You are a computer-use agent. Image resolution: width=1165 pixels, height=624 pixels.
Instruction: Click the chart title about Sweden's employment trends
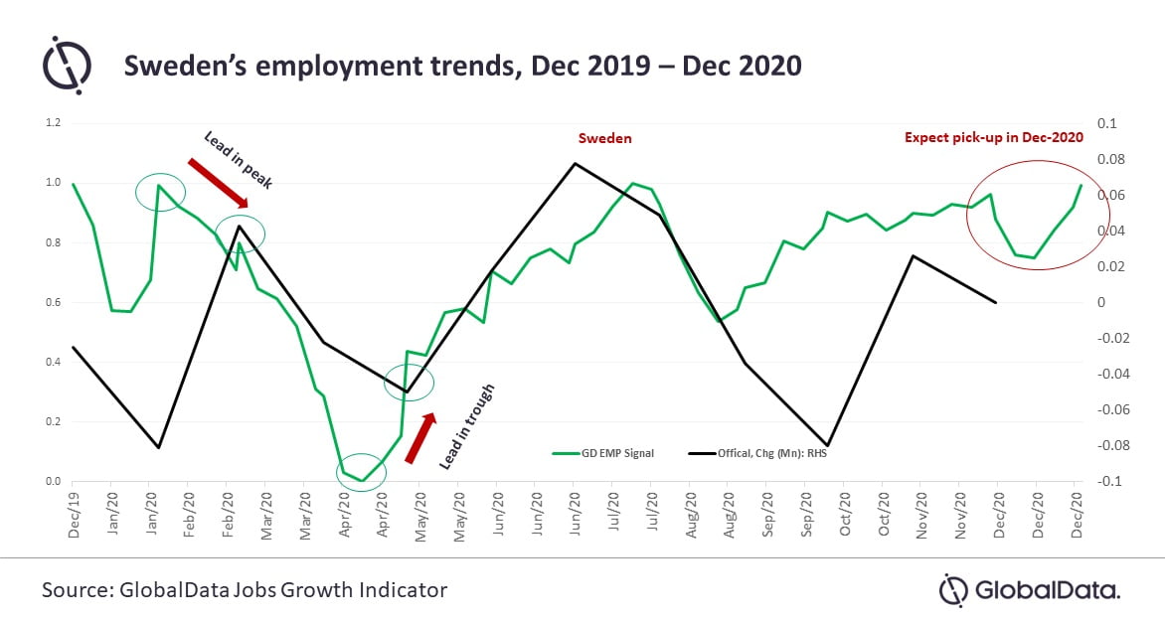click(x=462, y=67)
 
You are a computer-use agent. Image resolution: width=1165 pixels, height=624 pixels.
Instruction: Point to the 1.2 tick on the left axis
click(x=53, y=123)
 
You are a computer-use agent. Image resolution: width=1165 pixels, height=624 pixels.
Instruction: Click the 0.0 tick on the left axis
click(x=53, y=482)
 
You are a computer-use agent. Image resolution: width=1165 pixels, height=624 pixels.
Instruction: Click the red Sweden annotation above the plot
click(x=605, y=139)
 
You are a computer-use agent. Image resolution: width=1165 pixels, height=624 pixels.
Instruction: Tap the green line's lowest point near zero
click(x=363, y=481)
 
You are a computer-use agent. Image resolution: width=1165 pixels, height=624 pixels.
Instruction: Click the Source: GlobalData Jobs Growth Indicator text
click(x=245, y=590)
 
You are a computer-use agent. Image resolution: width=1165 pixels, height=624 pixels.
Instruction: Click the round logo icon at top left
click(x=66, y=66)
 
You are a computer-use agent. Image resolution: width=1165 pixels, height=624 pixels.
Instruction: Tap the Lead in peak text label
click(x=238, y=159)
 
